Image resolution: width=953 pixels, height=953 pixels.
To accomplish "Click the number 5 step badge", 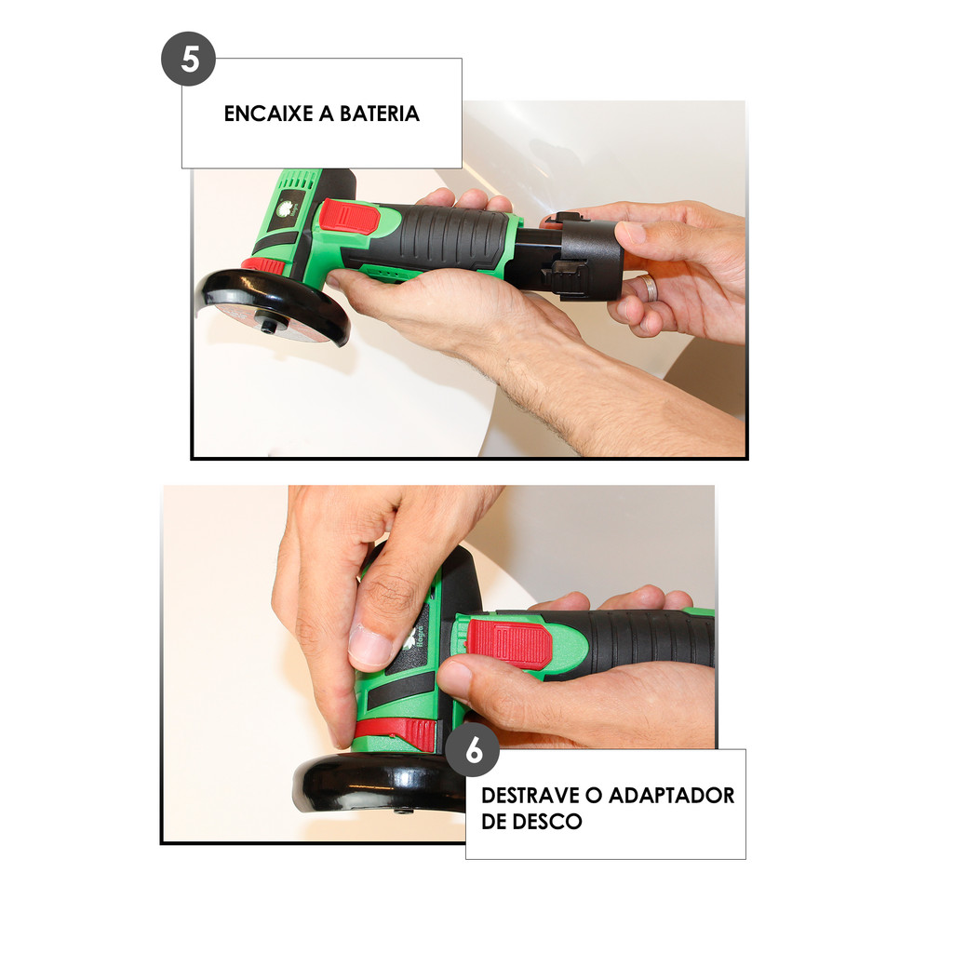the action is pyautogui.click(x=188, y=59).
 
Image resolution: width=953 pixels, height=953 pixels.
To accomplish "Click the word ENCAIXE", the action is pyautogui.click(x=269, y=114).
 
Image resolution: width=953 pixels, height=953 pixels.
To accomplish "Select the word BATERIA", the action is pyautogui.click(x=380, y=114).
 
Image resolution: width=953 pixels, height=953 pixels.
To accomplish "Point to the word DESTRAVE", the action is pyautogui.click(x=530, y=795).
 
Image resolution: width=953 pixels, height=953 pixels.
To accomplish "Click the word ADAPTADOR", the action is pyautogui.click(x=671, y=795).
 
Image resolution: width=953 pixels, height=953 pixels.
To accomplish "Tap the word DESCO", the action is pyautogui.click(x=547, y=822).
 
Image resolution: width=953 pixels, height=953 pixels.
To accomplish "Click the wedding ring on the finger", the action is pyautogui.click(x=651, y=289).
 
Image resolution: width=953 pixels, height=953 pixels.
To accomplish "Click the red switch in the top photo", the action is pyautogui.click(x=350, y=217).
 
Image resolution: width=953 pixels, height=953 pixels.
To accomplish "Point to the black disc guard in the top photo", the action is pyautogui.click(x=276, y=304).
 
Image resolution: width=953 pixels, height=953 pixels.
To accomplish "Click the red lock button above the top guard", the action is pyautogui.click(x=262, y=265).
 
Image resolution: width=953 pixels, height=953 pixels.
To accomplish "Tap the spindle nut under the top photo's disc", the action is pyautogui.click(x=268, y=327).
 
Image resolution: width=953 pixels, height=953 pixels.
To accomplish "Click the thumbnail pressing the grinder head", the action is pyautogui.click(x=369, y=646).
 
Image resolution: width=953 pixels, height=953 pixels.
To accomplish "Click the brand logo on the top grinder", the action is pyautogui.click(x=286, y=209).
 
